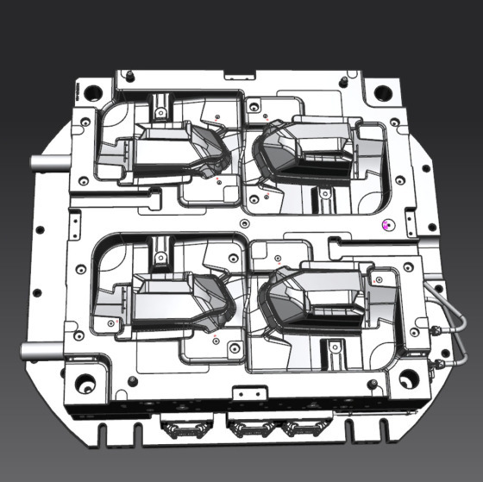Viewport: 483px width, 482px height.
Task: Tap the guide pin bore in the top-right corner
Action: [x=381, y=91]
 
